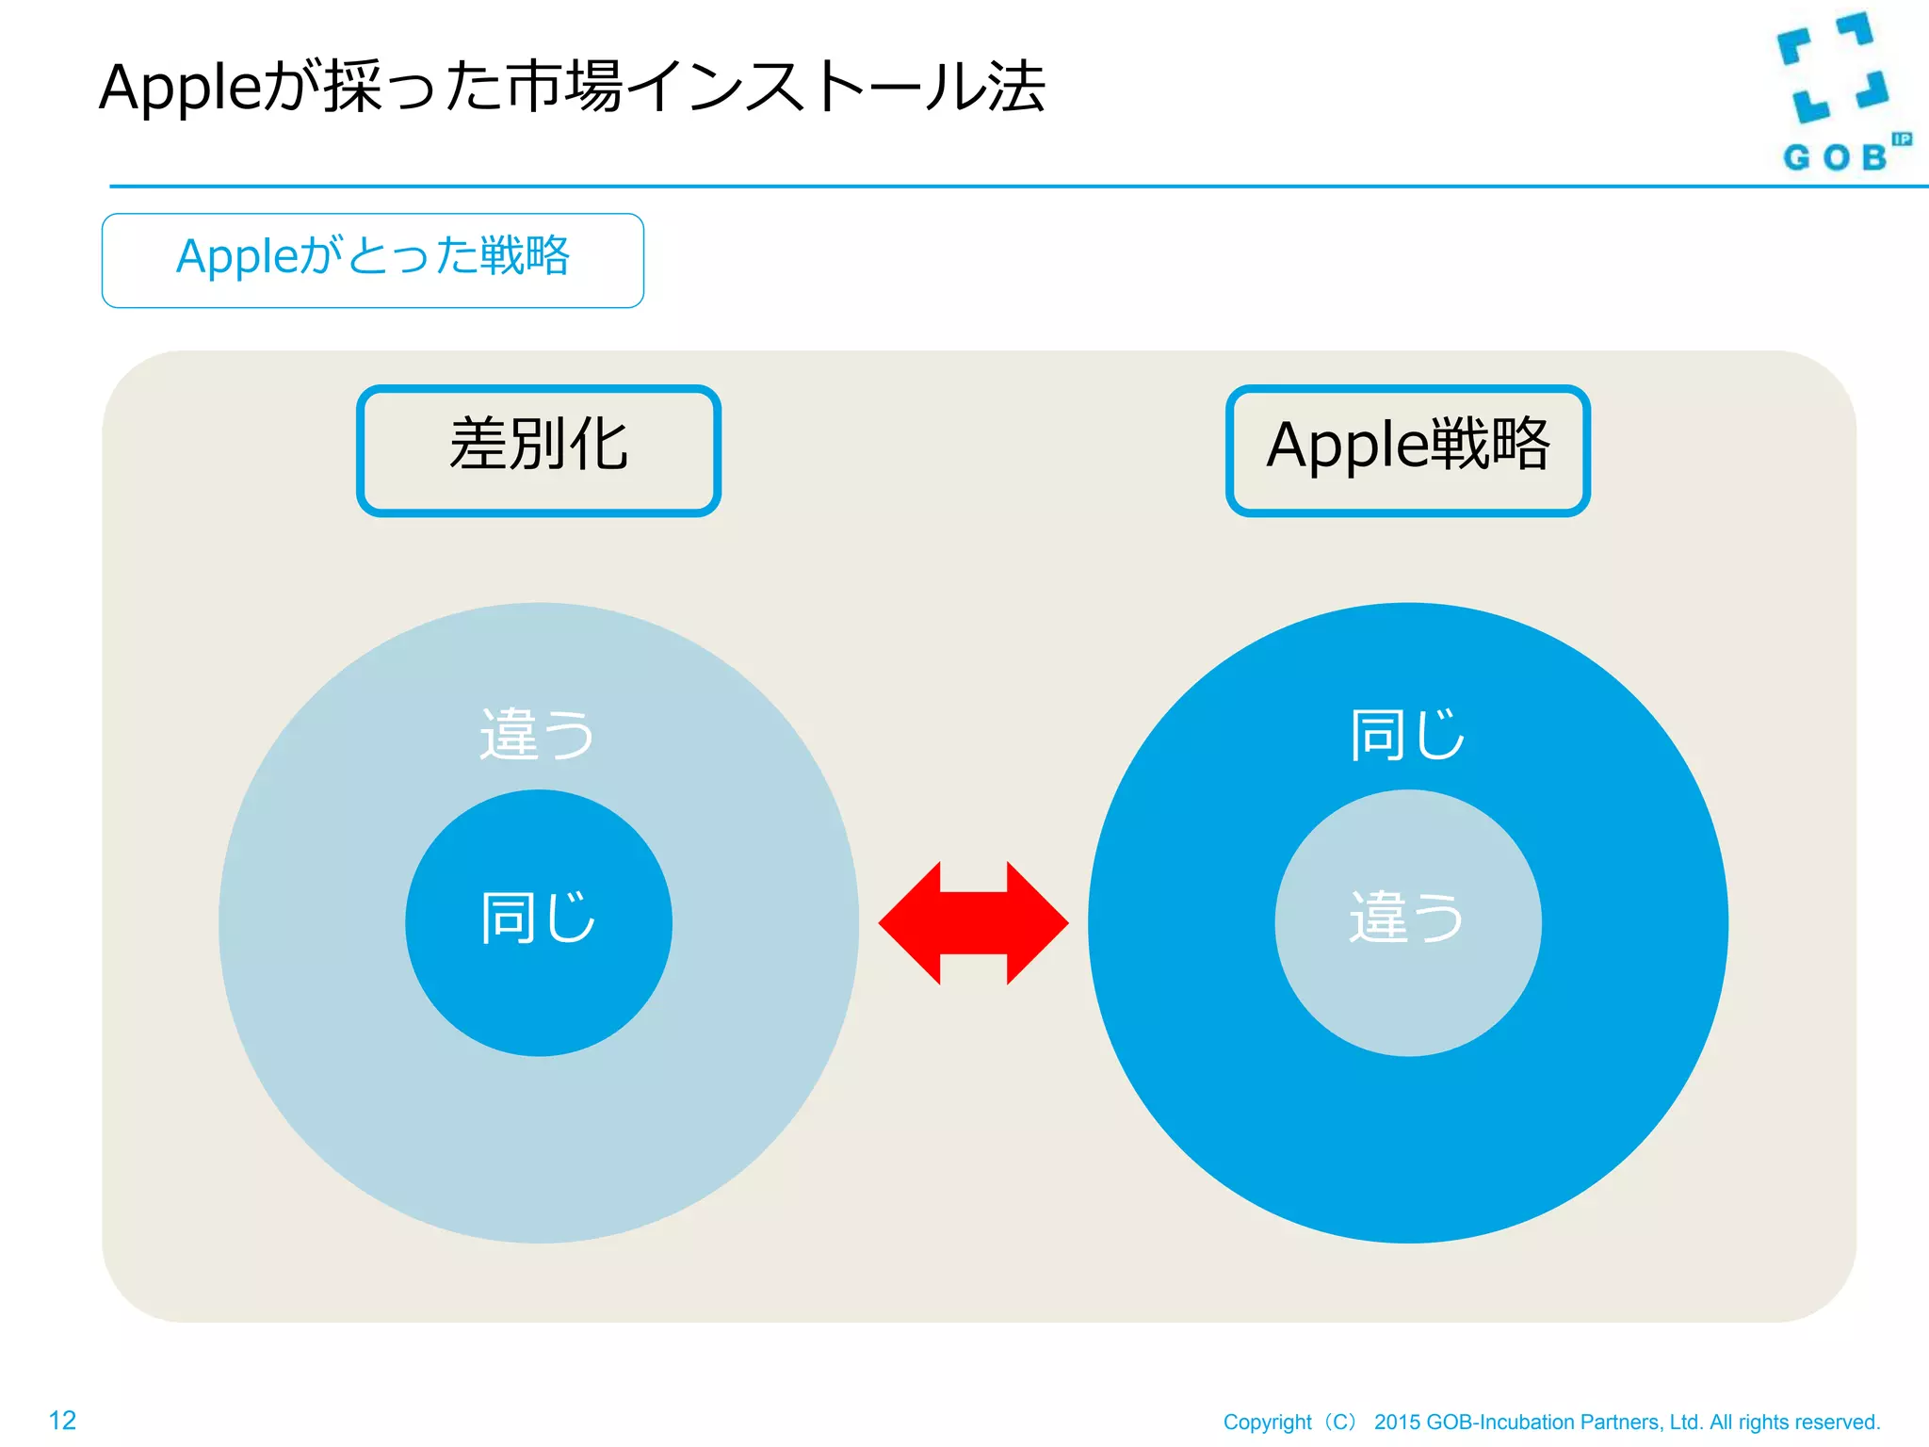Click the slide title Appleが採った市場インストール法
[x=572, y=87]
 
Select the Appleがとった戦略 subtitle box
[x=373, y=260]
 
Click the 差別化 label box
[x=539, y=450]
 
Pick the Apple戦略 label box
[x=1407, y=450]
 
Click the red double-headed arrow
[x=973, y=923]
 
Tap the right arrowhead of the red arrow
[x=1036, y=923]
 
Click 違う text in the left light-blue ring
[x=537, y=735]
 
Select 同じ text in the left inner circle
[x=538, y=918]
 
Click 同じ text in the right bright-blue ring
[x=1407, y=735]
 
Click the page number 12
[x=62, y=1420]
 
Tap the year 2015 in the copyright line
[x=1397, y=1422]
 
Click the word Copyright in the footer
[x=1267, y=1422]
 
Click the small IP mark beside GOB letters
[x=1901, y=139]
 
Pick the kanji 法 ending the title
[x=1015, y=87]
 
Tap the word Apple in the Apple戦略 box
[x=1341, y=447]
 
